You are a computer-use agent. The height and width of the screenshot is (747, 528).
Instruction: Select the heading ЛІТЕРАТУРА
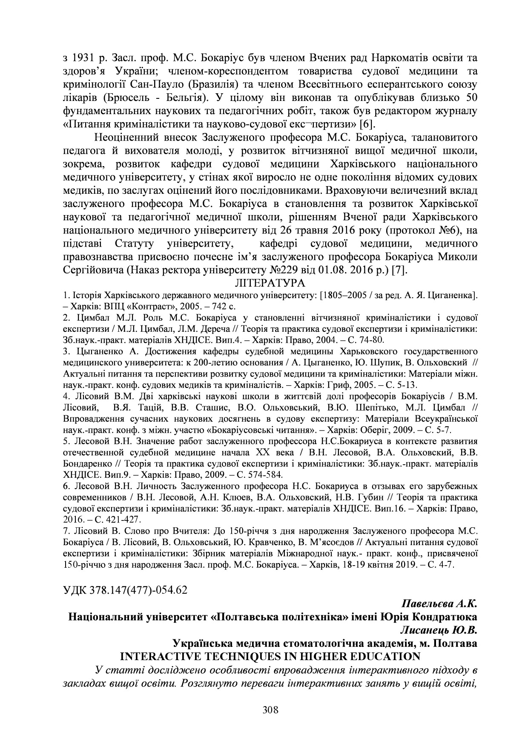pos(270,283)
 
